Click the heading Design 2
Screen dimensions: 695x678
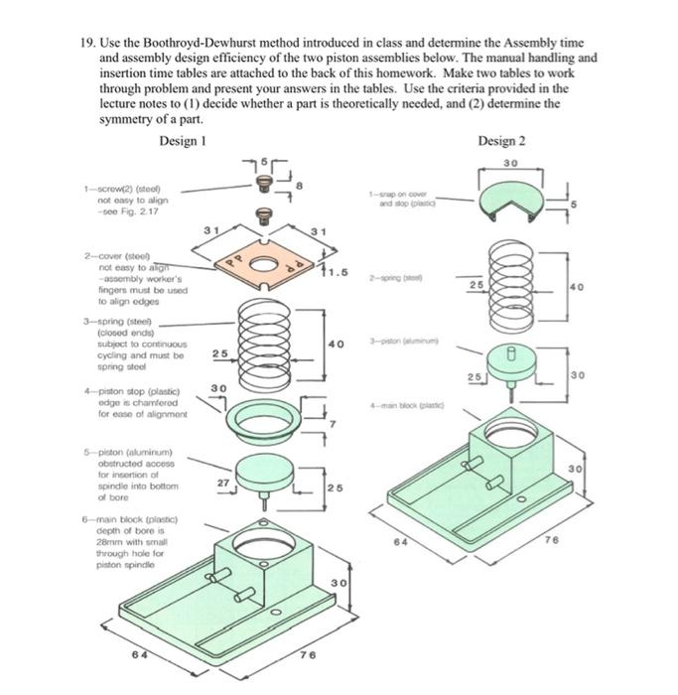501,140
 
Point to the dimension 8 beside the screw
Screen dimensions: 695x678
315,185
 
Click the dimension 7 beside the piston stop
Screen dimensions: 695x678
334,425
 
